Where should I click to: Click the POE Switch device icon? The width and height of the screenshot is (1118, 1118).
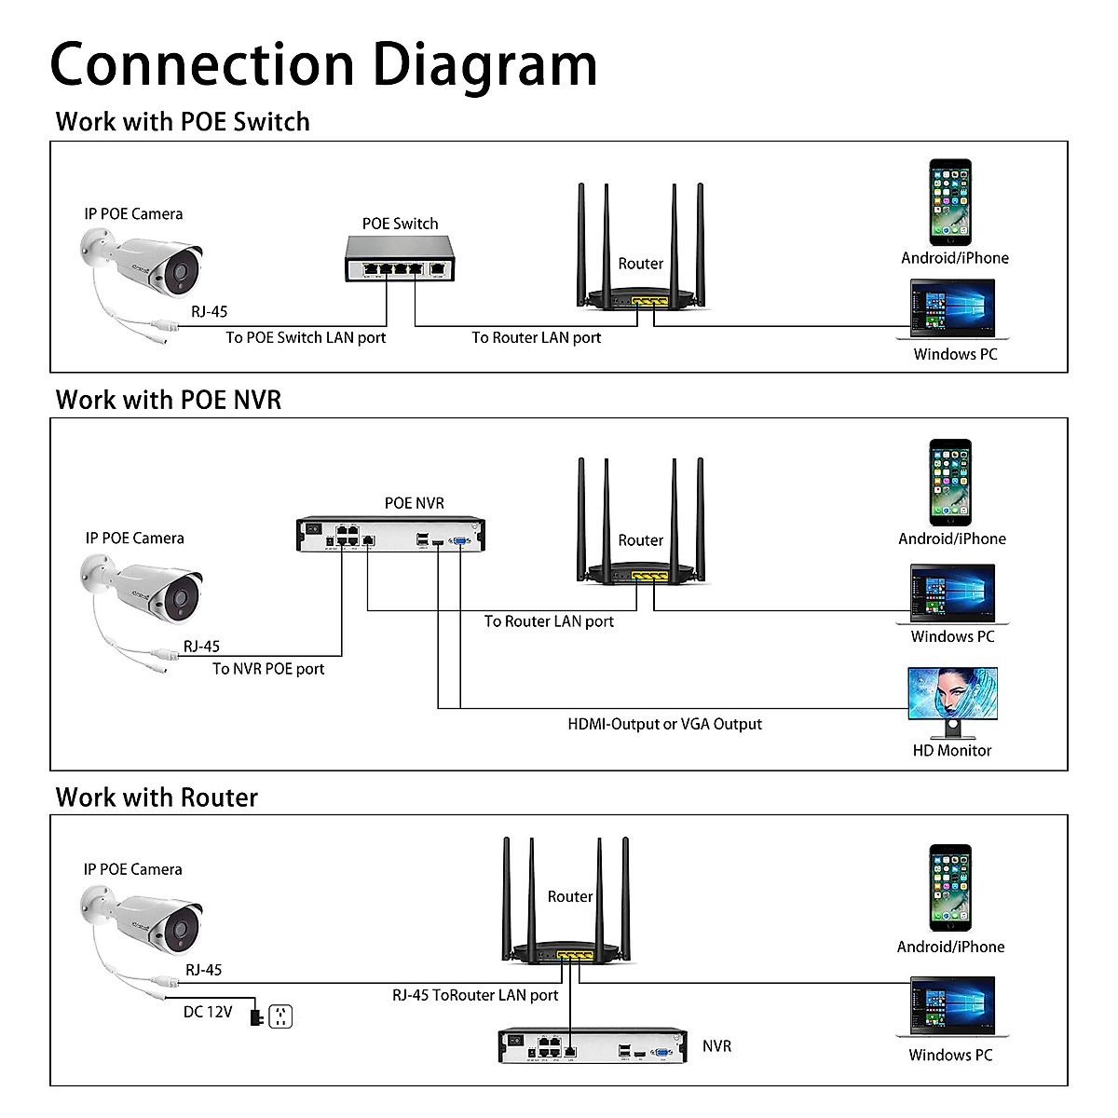coord(400,259)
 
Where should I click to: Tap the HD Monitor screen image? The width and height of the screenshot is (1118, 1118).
coord(952,692)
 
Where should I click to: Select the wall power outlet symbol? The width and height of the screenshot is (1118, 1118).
coord(280,1016)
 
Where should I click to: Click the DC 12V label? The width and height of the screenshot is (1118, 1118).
coord(208,1012)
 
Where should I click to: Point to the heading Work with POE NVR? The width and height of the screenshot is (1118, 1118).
coord(169,400)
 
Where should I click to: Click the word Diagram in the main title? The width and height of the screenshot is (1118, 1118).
coord(484,65)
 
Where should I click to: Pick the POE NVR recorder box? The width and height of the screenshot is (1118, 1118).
coord(390,535)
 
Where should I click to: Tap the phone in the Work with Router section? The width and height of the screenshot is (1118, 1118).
coord(950,887)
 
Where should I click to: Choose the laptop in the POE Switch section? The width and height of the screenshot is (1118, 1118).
coord(953,309)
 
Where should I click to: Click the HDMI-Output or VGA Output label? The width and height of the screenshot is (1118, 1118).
coord(664,724)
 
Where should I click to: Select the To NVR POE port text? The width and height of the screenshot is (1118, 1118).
coord(268,669)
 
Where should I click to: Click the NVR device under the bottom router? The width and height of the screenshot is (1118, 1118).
coord(593,1046)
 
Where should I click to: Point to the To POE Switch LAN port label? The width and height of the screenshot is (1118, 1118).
coord(306,337)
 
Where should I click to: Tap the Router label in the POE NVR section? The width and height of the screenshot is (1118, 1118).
coord(641,540)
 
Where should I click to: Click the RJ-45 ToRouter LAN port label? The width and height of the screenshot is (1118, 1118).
coord(475,995)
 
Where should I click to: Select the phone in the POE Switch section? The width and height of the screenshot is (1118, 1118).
coord(949,202)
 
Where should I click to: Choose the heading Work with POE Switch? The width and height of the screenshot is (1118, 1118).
coord(183,122)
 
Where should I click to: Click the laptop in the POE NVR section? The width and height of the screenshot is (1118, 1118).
coord(953,593)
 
